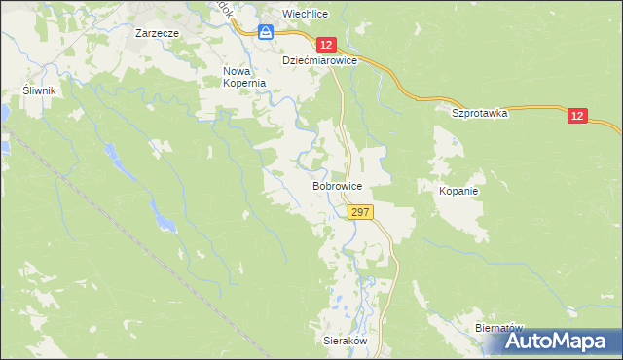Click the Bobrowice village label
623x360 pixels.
point(338,184)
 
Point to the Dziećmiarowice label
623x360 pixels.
point(320,60)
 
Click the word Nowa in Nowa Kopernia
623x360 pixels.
point(238,71)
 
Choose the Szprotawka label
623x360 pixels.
point(480,113)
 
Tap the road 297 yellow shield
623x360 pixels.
point(359,212)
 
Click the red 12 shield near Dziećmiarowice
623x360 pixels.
point(326,45)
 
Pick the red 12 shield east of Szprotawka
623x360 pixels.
point(578,116)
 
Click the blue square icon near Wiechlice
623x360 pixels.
point(266,32)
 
